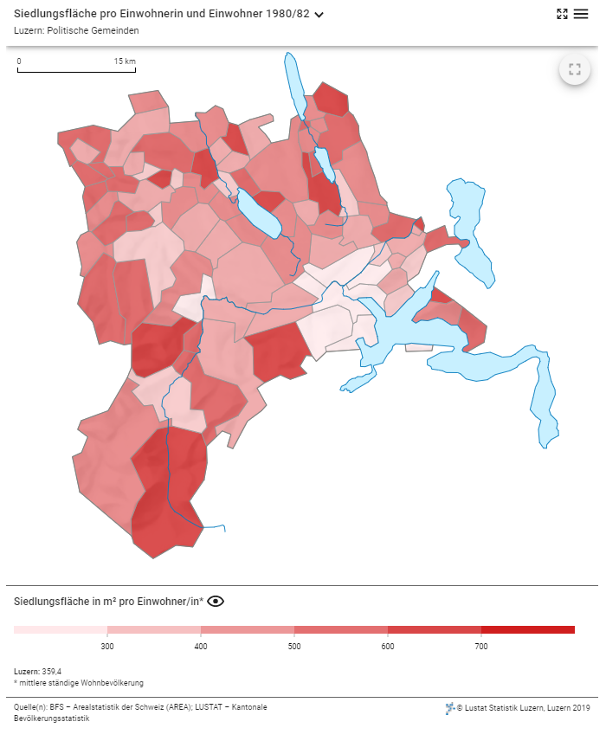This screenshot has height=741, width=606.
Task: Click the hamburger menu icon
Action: click(581, 14)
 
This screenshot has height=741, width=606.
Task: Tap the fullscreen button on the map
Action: click(575, 69)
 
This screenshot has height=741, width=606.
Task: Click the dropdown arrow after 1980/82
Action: click(319, 15)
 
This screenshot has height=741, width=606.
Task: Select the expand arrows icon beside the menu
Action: click(562, 14)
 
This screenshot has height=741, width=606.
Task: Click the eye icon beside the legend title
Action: click(216, 602)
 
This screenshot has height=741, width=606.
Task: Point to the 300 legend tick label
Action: click(107, 646)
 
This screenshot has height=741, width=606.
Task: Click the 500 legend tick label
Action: click(294, 646)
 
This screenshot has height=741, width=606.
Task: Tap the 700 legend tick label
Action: click(481, 646)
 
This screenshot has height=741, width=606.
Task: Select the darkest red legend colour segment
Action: click(528, 629)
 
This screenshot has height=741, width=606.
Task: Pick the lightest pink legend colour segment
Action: click(61, 629)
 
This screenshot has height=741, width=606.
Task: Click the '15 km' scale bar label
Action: click(125, 61)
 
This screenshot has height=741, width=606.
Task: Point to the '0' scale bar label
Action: click(19, 61)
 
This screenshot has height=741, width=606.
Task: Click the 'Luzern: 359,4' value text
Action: click(38, 672)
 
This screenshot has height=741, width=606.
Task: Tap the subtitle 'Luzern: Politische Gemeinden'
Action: click(76, 30)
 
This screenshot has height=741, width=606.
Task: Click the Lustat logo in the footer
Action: click(450, 708)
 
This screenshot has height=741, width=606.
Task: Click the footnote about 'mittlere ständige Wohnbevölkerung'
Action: click(79, 683)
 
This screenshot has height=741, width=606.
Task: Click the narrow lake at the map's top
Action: click(295, 86)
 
